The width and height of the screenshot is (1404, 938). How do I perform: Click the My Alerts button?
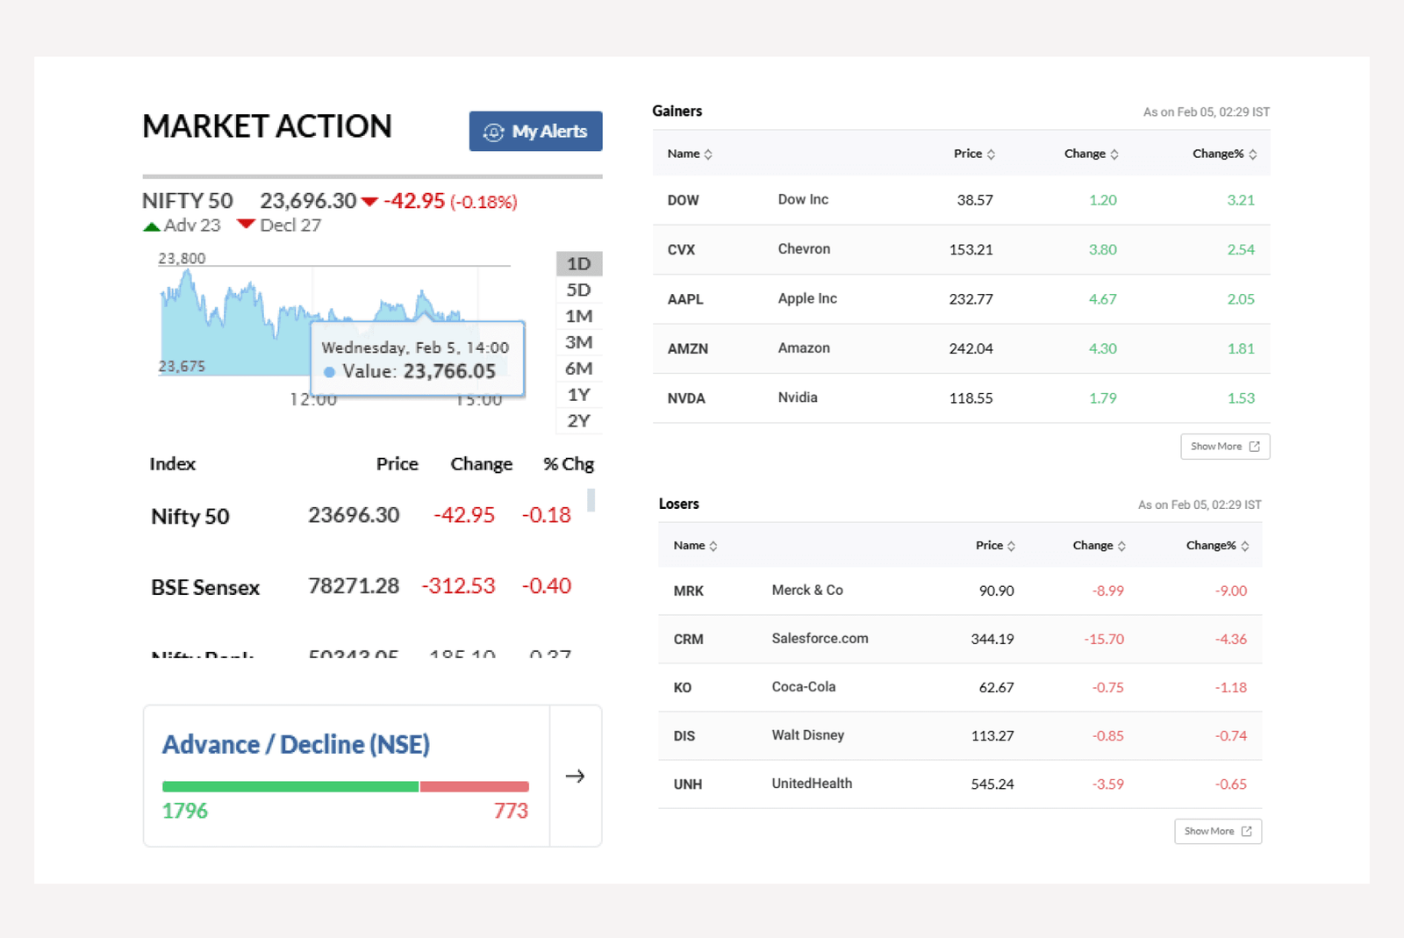[x=535, y=132]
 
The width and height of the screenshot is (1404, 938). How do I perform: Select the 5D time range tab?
[x=578, y=290]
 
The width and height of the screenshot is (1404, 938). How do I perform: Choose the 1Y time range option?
[x=578, y=395]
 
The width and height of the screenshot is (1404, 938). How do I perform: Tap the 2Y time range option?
[x=578, y=421]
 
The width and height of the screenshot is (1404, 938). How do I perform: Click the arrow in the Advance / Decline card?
[x=575, y=776]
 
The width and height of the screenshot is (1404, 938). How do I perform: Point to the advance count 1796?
[x=185, y=811]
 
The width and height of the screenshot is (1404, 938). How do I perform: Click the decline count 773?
[x=511, y=811]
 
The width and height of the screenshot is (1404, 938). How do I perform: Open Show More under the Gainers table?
[x=1224, y=447]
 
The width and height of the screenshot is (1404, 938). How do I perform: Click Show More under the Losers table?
[x=1217, y=831]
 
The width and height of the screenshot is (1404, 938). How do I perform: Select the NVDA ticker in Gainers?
[x=686, y=398]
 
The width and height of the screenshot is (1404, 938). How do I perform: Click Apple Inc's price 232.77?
[x=971, y=299]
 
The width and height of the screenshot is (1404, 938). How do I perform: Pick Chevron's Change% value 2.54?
[x=1240, y=250]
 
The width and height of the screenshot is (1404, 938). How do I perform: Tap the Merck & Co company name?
[x=807, y=591]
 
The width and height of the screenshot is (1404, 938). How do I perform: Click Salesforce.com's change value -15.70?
[x=1103, y=640]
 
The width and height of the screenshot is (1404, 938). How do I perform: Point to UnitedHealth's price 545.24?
[x=992, y=784]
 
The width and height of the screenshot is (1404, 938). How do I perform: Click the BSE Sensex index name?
[x=205, y=588]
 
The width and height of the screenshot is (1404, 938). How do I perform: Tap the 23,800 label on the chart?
[x=182, y=259]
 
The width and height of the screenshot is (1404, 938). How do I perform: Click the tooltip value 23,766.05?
[x=449, y=372]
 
